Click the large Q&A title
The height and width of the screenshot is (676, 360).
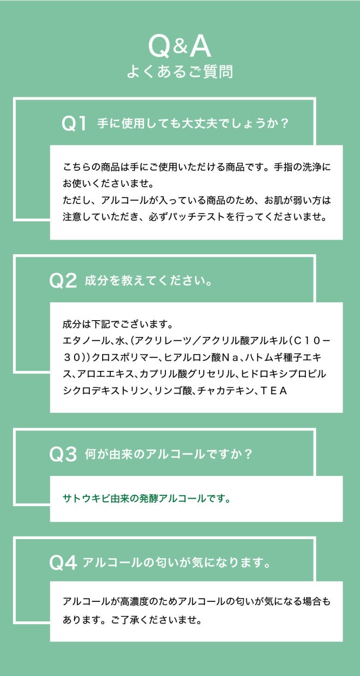[x=179, y=47]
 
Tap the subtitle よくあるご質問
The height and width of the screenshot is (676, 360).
[x=180, y=72]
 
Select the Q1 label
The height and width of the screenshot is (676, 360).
[x=74, y=123]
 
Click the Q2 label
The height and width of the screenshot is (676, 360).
[x=63, y=281]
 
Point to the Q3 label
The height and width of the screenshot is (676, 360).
[x=63, y=454]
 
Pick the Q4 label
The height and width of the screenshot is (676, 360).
[x=63, y=563]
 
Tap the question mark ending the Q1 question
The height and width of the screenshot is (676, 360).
[x=284, y=123]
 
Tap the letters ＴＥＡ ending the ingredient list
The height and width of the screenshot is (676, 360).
[x=273, y=391]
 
